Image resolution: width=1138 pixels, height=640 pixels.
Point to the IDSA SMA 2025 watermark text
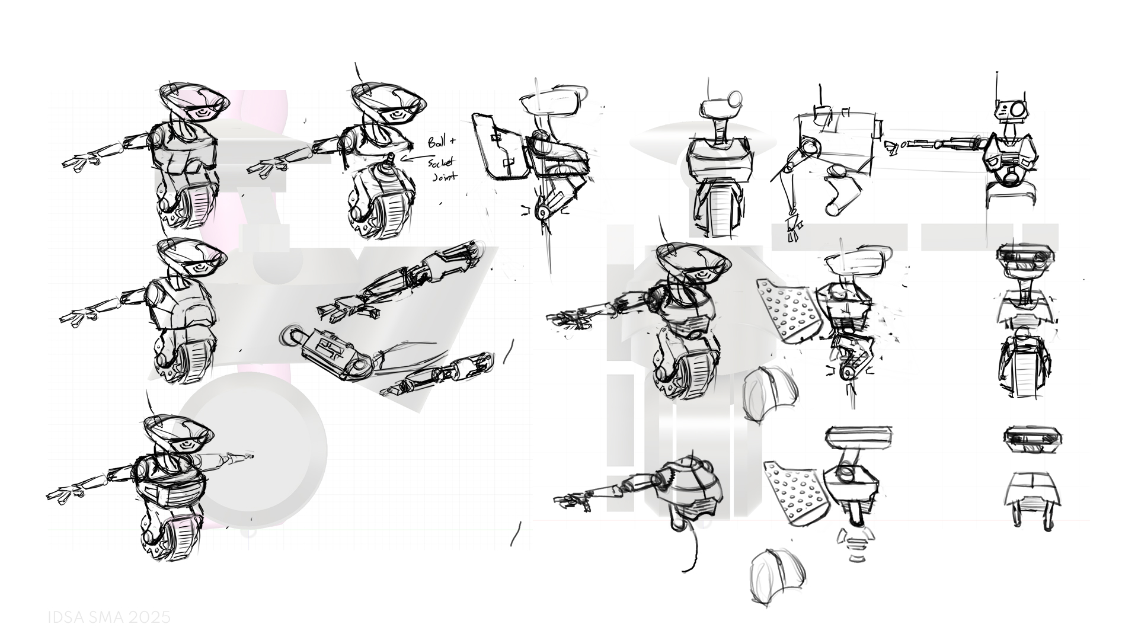pyautogui.click(x=109, y=617)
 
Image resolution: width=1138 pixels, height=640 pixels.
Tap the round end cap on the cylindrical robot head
pyautogui.click(x=734, y=97)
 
